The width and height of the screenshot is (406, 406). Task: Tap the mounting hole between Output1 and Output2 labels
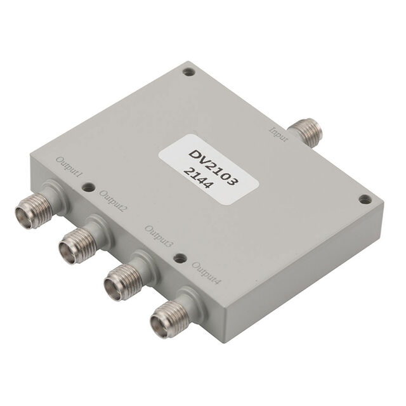(x=89, y=187)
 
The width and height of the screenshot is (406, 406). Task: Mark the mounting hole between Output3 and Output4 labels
(x=180, y=258)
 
